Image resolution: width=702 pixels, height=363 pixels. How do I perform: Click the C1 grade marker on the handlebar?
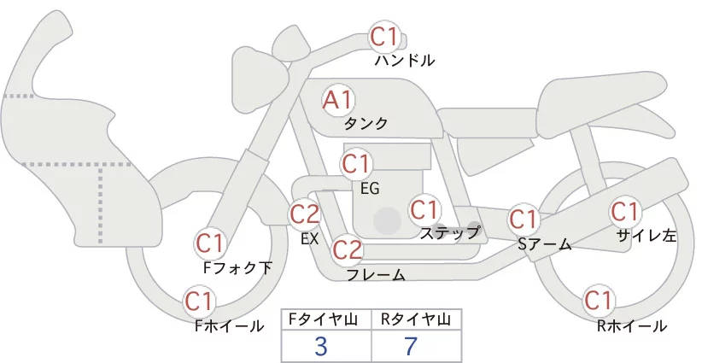[384, 37]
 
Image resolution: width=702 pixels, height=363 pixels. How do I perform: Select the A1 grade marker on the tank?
[338, 101]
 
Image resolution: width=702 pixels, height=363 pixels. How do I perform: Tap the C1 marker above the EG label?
[355, 164]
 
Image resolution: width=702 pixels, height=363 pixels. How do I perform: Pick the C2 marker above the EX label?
[304, 214]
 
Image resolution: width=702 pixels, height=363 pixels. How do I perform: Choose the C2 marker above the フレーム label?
[348, 249]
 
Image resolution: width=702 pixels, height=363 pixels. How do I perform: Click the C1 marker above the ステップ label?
[424, 209]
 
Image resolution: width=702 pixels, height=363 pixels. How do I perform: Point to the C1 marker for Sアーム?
[523, 220]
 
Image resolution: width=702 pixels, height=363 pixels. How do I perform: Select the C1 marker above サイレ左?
[624, 212]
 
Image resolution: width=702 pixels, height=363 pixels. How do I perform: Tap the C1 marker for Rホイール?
[598, 301]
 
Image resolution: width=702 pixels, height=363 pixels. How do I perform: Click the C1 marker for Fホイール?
[198, 302]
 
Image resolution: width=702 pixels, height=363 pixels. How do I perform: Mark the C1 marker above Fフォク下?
[209, 244]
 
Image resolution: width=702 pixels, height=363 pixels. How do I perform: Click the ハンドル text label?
[405, 60]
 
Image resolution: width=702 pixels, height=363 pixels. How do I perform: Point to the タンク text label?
[366, 123]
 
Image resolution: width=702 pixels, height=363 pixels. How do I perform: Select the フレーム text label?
[376, 275]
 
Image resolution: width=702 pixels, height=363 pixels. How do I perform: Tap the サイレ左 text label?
[646, 236]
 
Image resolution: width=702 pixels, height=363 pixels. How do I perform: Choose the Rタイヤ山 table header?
[416, 319]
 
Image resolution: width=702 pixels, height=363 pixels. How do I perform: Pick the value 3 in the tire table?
[321, 346]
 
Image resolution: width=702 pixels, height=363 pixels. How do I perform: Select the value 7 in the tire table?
[411, 346]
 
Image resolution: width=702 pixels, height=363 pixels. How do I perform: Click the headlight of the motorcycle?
[260, 79]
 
